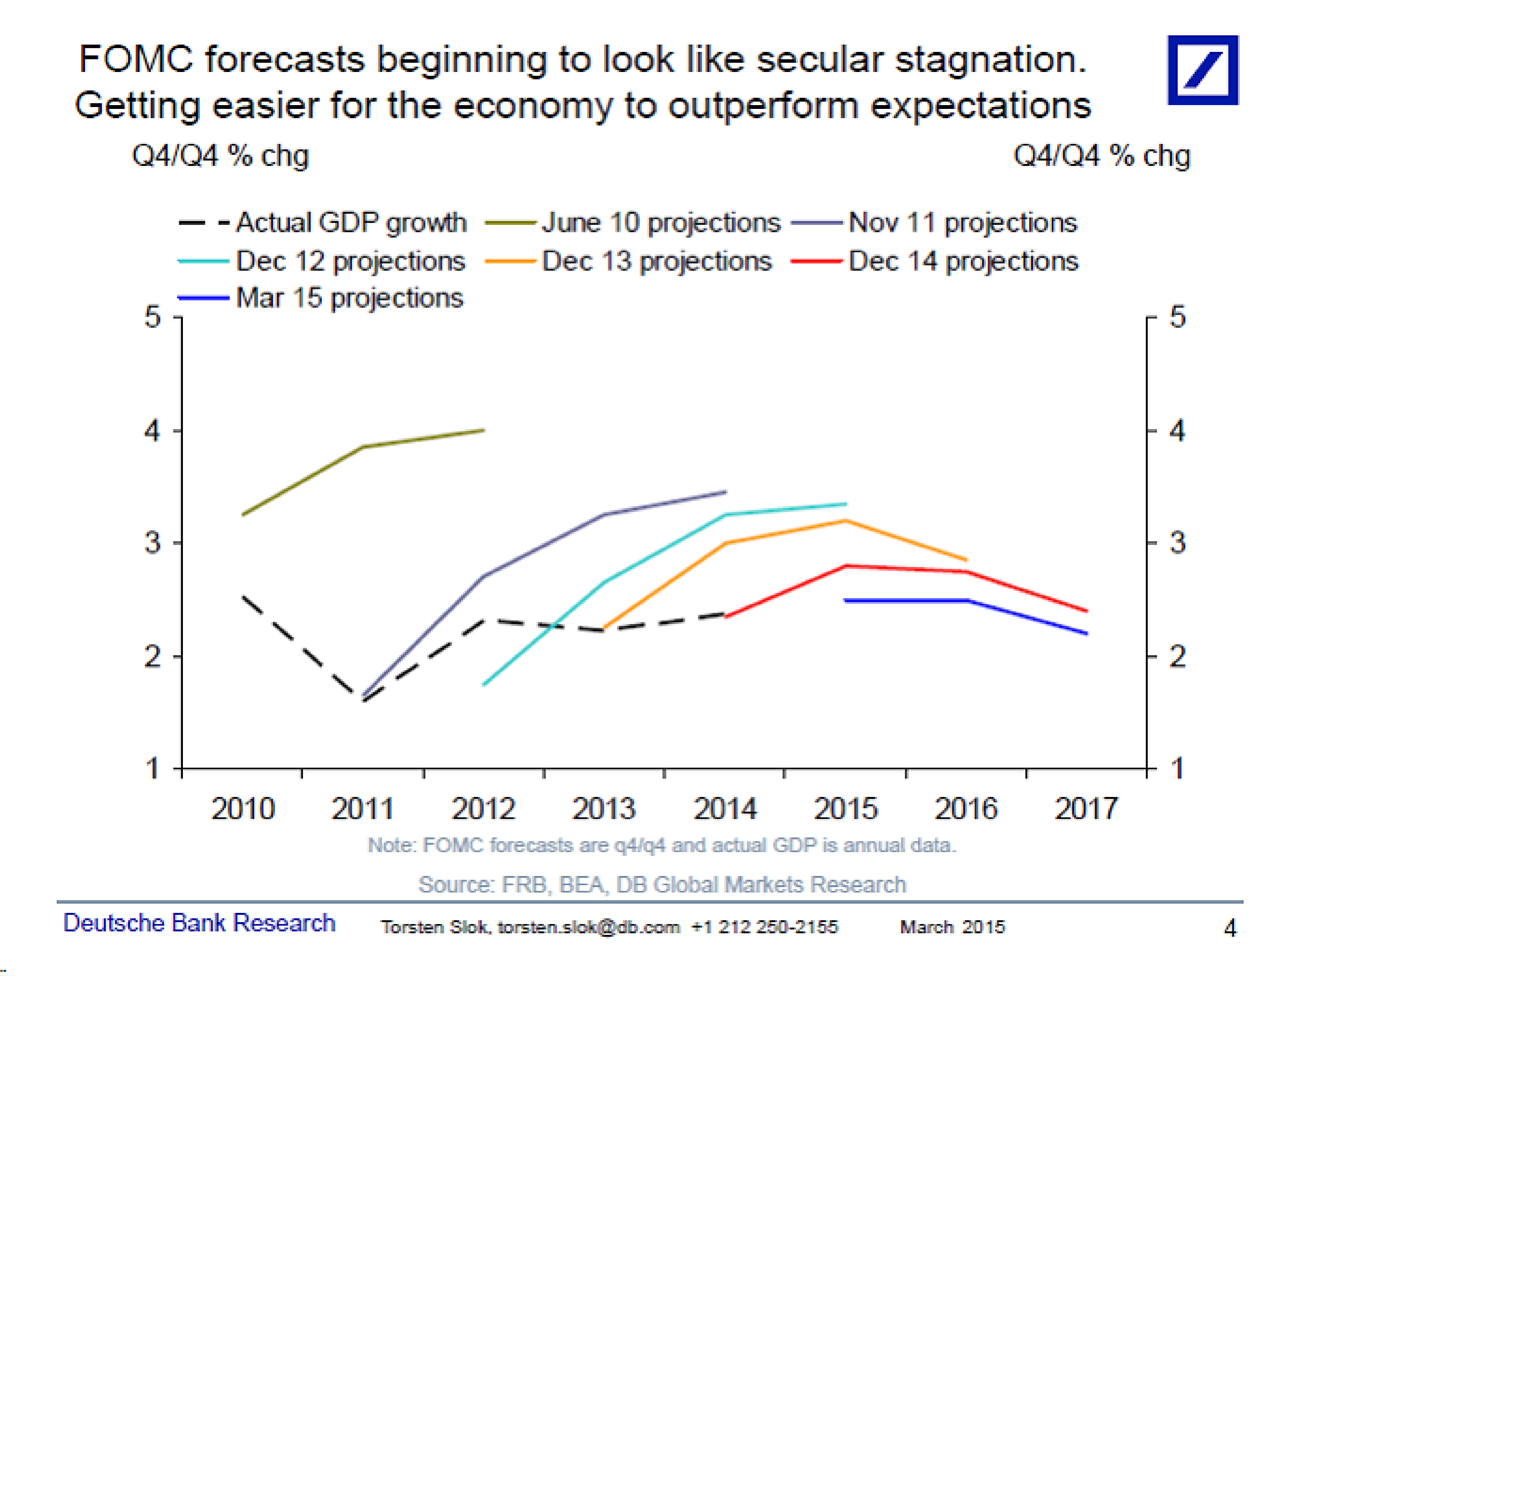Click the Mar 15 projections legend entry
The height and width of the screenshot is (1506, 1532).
(321, 298)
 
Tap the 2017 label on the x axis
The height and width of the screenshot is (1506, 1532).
(1086, 808)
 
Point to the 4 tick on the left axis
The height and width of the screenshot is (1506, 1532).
(152, 431)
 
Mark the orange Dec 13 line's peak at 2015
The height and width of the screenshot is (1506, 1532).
(846, 520)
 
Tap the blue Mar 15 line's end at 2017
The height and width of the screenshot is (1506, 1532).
(1086, 633)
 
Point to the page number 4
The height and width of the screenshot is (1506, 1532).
(1229, 928)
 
